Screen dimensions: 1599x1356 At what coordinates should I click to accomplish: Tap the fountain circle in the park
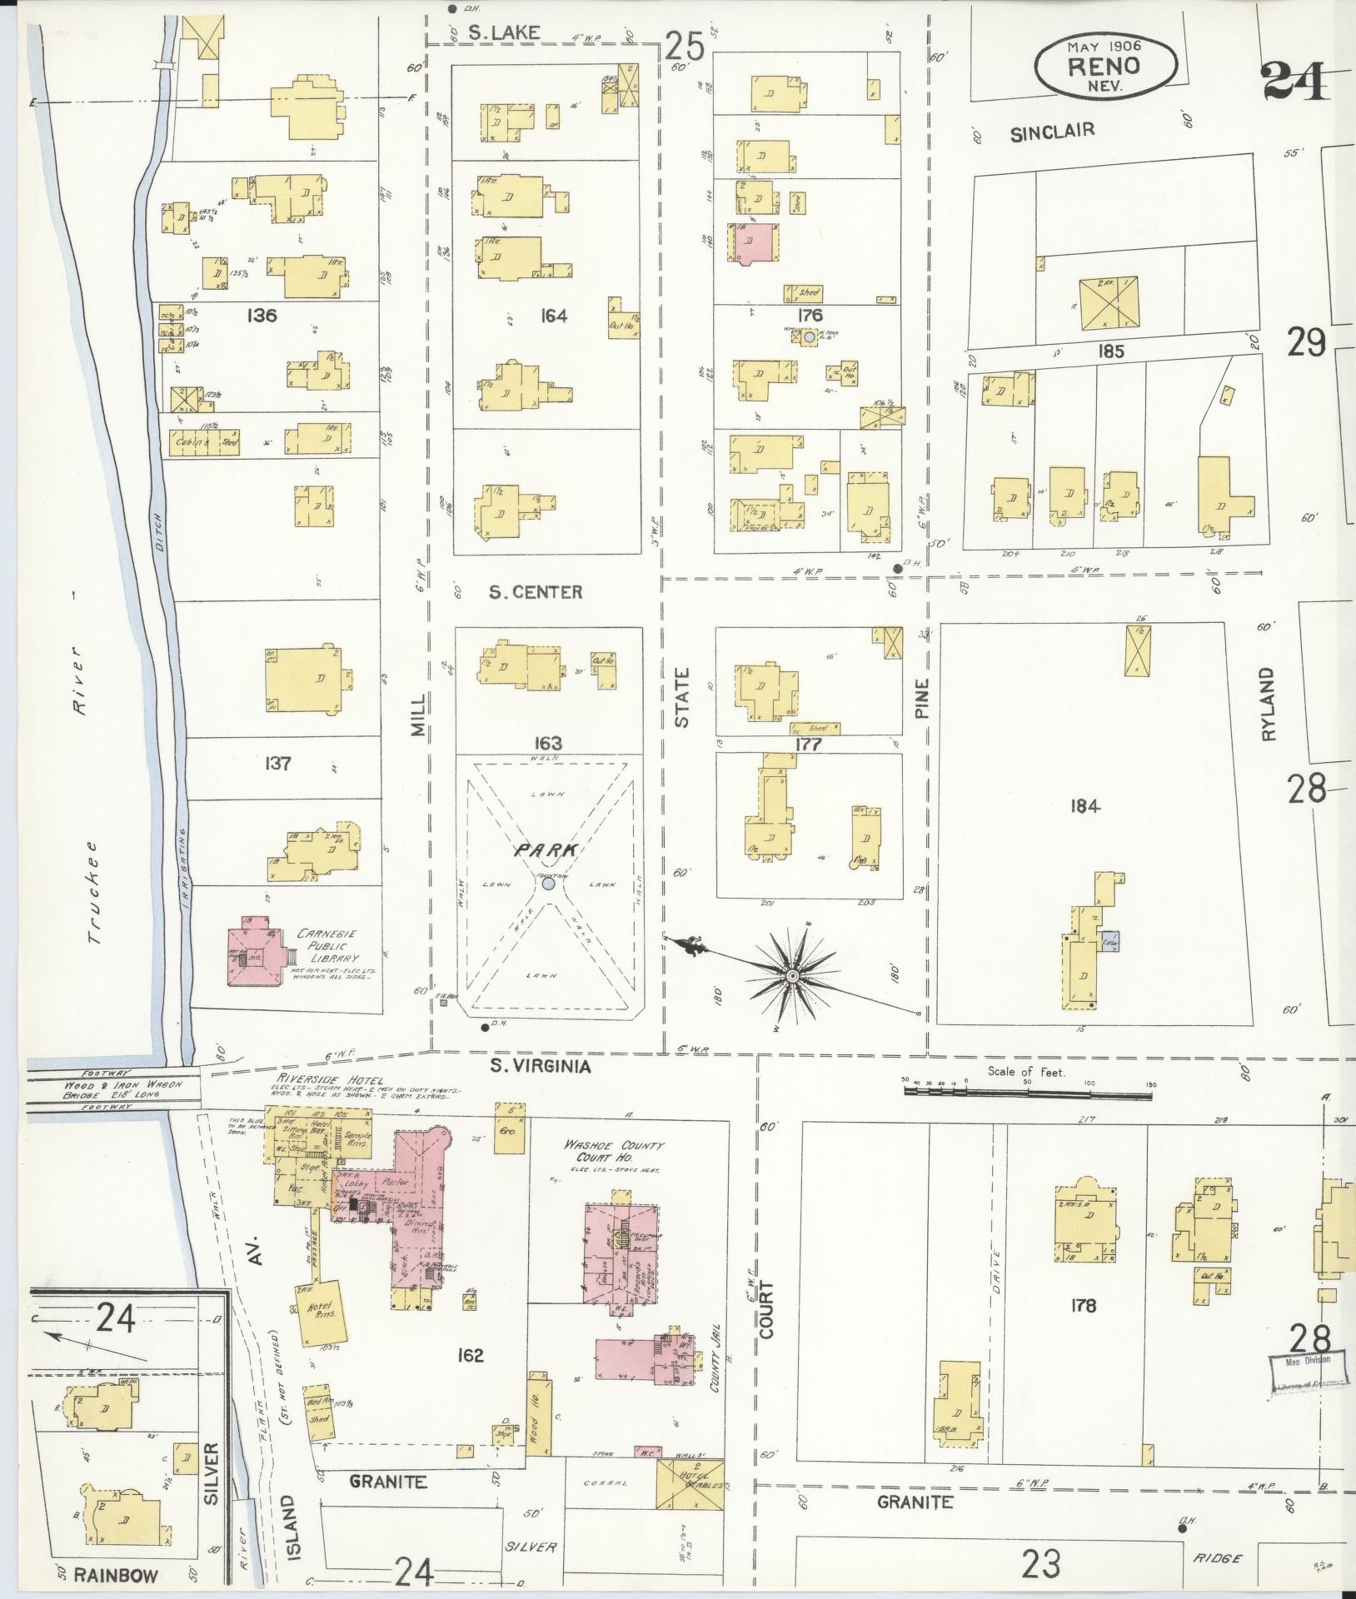coord(548,884)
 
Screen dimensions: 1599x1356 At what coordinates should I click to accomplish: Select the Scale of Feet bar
coord(1028,1086)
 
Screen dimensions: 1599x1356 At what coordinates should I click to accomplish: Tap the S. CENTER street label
coord(536,592)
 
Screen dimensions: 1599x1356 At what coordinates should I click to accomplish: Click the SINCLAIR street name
coord(1051,131)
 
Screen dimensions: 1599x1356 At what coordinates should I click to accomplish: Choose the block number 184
coord(1086,806)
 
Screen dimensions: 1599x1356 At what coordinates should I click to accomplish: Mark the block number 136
coord(262,316)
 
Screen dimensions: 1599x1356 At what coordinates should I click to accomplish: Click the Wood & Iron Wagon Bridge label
coord(114,1088)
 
